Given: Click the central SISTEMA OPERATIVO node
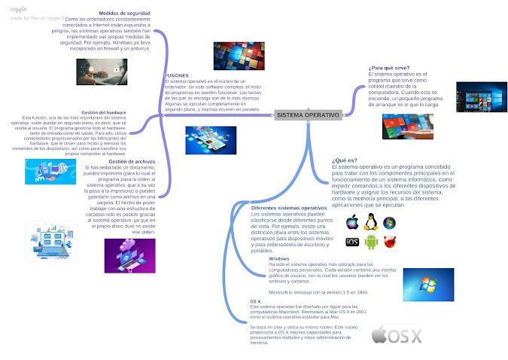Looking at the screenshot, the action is pos(306,114).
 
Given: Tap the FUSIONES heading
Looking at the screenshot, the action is pos(176,75).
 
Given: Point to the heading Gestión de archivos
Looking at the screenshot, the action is pos(132,160).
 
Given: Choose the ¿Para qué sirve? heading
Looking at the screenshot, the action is pos(388,68).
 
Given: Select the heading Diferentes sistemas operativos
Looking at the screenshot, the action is pos(289,207).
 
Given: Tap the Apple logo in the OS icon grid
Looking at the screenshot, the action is pos(351,223).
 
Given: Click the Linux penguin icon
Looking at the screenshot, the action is pos(370,222).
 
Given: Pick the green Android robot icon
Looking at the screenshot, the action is pos(370,242).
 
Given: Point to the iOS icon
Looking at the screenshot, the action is pos(351,242).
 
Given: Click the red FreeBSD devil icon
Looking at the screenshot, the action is pos(389,242).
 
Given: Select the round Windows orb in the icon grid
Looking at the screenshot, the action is pos(389,223).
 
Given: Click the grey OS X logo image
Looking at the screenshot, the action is pos(397,334).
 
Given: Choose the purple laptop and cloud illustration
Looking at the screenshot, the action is pos(129,255).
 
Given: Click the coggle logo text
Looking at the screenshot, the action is pos(14,9).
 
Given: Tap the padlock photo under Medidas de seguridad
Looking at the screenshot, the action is pos(102,72).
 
